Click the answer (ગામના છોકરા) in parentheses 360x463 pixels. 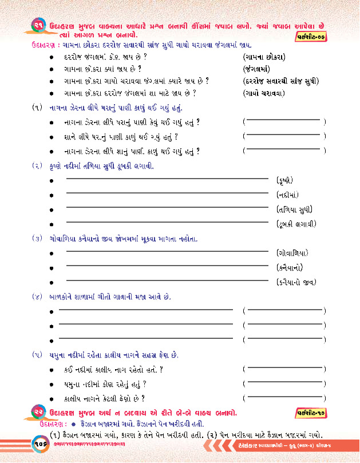pyautogui.click(x=265, y=57)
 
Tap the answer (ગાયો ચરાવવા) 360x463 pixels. pyautogui.click(x=264, y=93)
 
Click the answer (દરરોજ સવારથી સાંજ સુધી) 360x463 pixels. pyautogui.click(x=280, y=81)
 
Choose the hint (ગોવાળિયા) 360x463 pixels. pyautogui.click(x=292, y=252)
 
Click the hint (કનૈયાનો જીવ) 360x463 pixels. pyautogui.click(x=296, y=282)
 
